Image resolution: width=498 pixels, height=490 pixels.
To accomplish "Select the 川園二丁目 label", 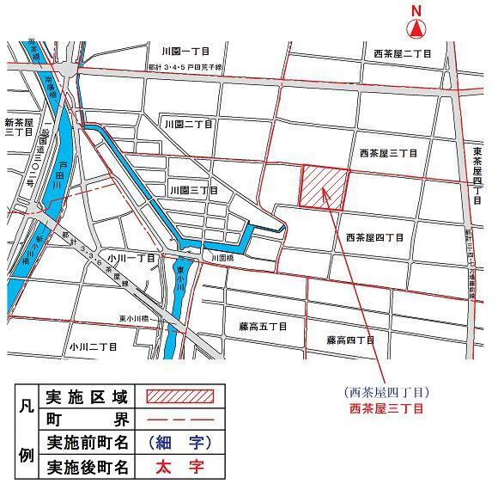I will click(x=188, y=126).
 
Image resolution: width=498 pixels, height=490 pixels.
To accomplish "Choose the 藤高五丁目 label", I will click(x=262, y=328).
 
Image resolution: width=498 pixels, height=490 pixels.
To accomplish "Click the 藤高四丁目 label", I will click(x=349, y=340).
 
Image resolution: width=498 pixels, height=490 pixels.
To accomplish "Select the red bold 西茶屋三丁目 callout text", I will click(x=386, y=408).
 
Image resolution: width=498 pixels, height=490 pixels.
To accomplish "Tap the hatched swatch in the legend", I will click(x=179, y=397).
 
